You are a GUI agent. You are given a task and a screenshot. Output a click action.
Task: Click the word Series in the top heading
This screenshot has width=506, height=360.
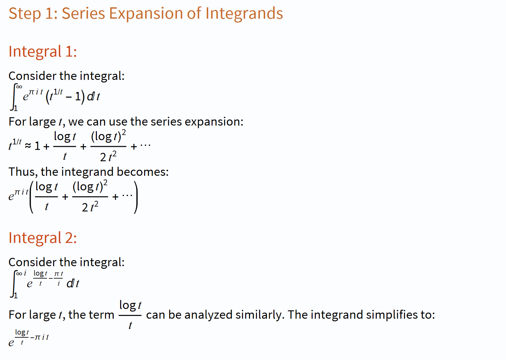pos(83,13)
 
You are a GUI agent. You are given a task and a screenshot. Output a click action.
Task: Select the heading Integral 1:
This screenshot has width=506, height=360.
pos(43,52)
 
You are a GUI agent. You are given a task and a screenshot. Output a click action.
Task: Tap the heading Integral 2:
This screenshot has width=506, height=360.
pos(43,238)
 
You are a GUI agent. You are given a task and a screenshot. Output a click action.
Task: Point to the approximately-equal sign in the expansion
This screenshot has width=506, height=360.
pos(28,146)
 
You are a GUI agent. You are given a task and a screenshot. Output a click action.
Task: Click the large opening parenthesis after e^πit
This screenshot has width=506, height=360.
pos(32,197)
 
